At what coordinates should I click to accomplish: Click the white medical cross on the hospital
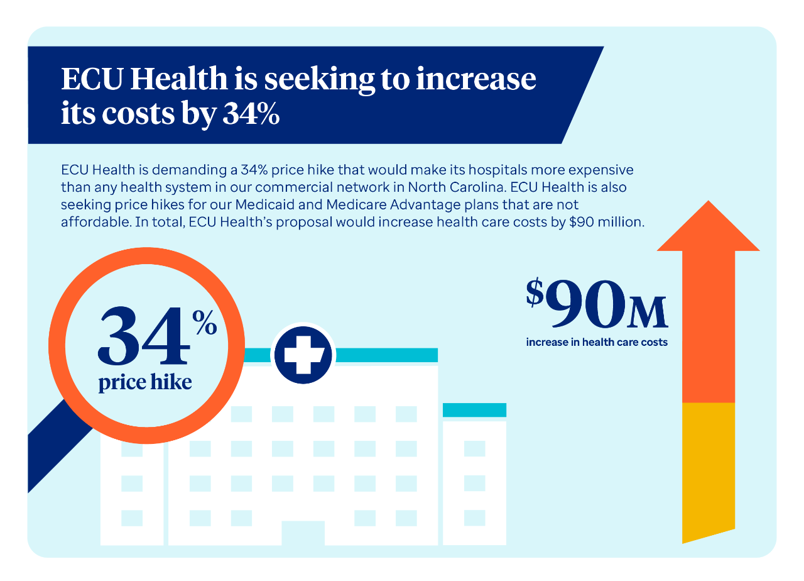click(x=303, y=355)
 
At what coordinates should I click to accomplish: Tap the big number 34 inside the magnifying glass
click(x=143, y=335)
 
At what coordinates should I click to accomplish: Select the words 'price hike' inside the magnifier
click(x=145, y=382)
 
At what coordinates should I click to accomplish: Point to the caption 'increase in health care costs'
click(x=597, y=342)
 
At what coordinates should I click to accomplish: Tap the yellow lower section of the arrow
click(x=708, y=472)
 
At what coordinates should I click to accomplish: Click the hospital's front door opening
click(x=303, y=533)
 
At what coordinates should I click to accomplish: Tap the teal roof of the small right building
click(x=474, y=410)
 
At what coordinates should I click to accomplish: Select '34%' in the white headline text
click(x=251, y=114)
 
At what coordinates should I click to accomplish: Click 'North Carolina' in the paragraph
click(x=457, y=187)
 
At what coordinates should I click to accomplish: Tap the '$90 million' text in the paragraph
click(x=607, y=222)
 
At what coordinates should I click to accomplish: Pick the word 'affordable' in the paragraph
click(x=96, y=222)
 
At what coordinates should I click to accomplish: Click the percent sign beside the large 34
click(x=205, y=322)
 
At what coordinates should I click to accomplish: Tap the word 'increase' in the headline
click(x=476, y=79)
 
